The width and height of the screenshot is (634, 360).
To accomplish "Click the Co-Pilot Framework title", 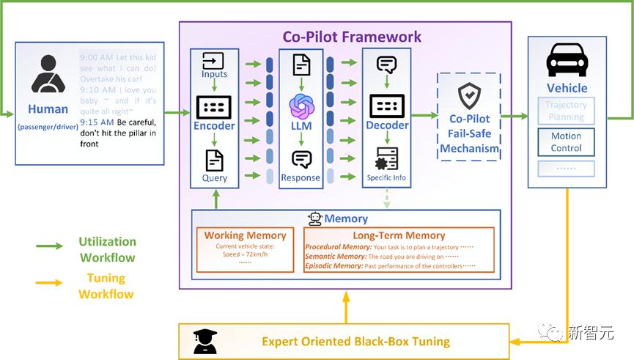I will pyautogui.click(x=352, y=36).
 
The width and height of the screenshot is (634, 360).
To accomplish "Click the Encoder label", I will pyautogui.click(x=214, y=125).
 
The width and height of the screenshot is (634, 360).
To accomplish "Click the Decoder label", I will pyautogui.click(x=387, y=125).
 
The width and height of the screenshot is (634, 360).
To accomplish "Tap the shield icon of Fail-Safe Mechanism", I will pyautogui.click(x=469, y=95).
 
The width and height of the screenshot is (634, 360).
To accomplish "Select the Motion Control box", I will pyautogui.click(x=566, y=142).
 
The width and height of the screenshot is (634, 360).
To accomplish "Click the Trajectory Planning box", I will pyautogui.click(x=566, y=111).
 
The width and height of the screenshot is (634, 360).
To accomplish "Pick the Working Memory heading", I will pyautogui.click(x=244, y=235).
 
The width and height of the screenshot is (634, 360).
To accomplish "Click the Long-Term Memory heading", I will pyautogui.click(x=399, y=235).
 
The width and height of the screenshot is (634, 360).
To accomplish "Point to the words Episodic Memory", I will pyautogui.click(x=334, y=266).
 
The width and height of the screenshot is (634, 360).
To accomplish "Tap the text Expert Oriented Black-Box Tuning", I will pyautogui.click(x=355, y=341).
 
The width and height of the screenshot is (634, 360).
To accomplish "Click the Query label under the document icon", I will pyautogui.click(x=215, y=177).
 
